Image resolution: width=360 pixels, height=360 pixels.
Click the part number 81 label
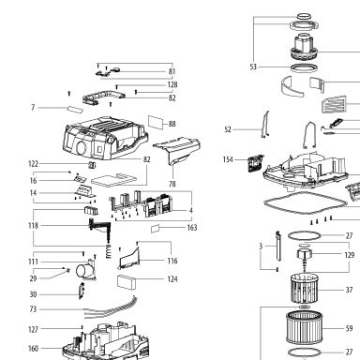tap(172, 71)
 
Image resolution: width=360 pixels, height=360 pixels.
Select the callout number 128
tap(172, 84)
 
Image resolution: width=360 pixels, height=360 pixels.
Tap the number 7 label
tap(33, 108)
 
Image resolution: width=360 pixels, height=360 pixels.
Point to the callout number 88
tap(172, 124)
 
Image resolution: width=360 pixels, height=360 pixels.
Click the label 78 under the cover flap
tap(172, 184)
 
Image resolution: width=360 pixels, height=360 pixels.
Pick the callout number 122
tap(33, 164)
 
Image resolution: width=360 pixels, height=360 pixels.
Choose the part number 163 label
tap(192, 228)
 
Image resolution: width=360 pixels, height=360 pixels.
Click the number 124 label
tap(172, 279)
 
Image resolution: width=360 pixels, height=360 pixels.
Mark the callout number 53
tap(253, 67)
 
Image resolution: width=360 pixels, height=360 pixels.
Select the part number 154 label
tap(228, 159)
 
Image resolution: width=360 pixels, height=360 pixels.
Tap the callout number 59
tap(349, 328)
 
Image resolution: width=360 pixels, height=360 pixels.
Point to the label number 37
tap(349, 290)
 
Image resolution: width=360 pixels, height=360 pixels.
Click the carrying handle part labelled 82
tap(104, 97)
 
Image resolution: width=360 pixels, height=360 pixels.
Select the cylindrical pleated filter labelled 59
tap(304, 327)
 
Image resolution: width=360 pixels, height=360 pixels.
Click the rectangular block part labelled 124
tap(127, 282)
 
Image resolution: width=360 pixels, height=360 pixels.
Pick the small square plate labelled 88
tap(156, 123)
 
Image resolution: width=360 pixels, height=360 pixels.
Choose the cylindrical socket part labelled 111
tap(85, 270)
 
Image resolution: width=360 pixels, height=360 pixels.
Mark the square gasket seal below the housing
tap(306, 203)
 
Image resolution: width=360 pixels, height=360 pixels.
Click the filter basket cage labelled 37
tap(304, 289)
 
